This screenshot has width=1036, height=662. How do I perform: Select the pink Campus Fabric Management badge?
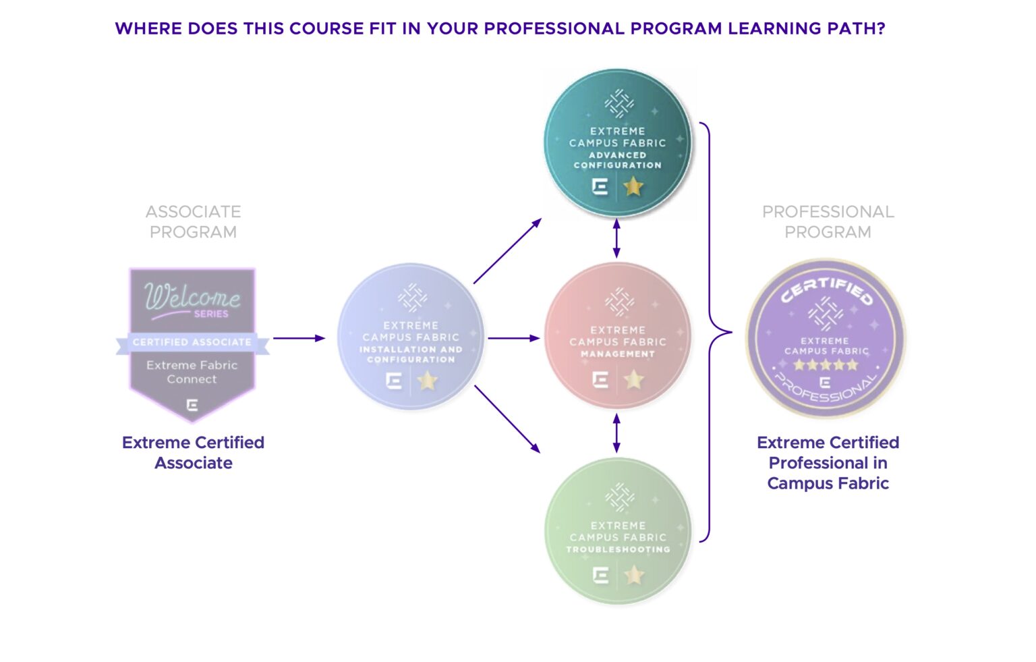click(x=617, y=335)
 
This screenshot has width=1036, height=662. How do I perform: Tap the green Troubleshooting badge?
click(x=617, y=531)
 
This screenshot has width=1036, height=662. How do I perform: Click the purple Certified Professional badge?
click(x=826, y=339)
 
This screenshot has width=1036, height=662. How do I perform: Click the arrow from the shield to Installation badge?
click(x=299, y=338)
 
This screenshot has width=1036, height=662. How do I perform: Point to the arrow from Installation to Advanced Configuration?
click(x=507, y=251)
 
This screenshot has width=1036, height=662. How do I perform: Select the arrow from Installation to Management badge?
click(x=513, y=338)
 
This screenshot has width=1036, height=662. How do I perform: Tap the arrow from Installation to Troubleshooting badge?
click(x=507, y=418)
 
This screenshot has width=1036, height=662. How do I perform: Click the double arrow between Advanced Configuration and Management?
click(x=616, y=238)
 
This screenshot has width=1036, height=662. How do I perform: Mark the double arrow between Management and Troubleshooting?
click(x=616, y=433)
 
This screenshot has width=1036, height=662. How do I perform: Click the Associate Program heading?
click(x=194, y=221)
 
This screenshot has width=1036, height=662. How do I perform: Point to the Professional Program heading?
click(x=828, y=221)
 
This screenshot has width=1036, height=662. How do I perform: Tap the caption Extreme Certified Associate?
click(x=194, y=452)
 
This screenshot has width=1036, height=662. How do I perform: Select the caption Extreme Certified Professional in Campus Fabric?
click(x=828, y=462)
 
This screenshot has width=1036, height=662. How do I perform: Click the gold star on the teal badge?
click(x=633, y=186)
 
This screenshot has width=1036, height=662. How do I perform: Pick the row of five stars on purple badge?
click(x=826, y=365)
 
